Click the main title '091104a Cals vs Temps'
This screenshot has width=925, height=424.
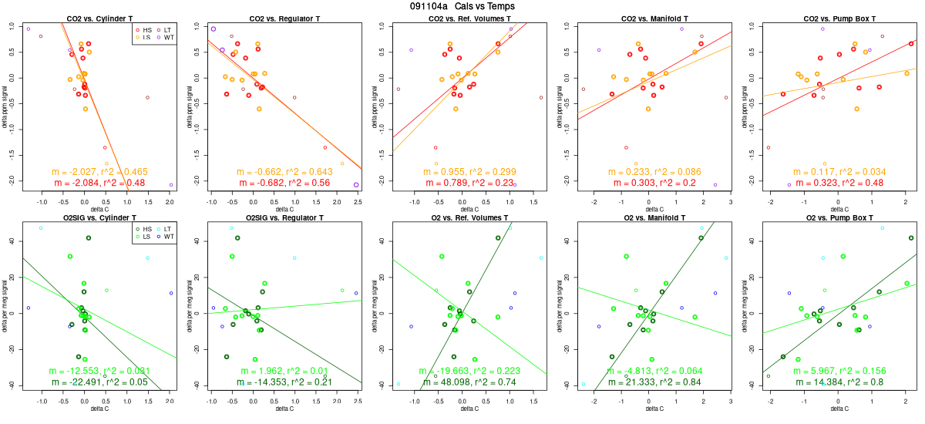pyautogui.click(x=462, y=6)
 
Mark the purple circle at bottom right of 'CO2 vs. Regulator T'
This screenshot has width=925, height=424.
pyautogui.click(x=356, y=185)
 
